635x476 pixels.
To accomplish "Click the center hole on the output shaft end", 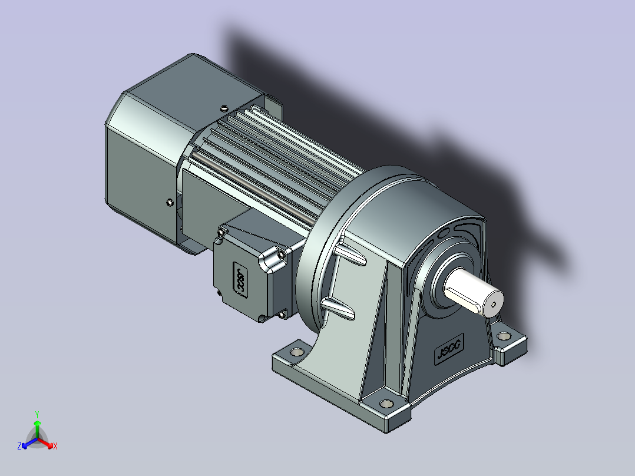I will (494, 306).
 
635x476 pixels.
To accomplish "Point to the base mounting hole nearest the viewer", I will (386, 404).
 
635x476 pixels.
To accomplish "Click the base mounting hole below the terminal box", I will (295, 352).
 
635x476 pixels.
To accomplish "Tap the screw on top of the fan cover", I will (224, 108).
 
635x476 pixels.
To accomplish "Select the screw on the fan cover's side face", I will (169, 203).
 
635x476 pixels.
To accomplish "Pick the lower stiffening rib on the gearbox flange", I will (339, 308).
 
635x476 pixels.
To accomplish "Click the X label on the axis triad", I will (55, 447).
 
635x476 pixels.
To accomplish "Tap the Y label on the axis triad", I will (37, 414).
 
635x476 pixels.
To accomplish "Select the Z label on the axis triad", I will (19, 446).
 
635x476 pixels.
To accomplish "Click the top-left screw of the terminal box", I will (221, 233).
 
